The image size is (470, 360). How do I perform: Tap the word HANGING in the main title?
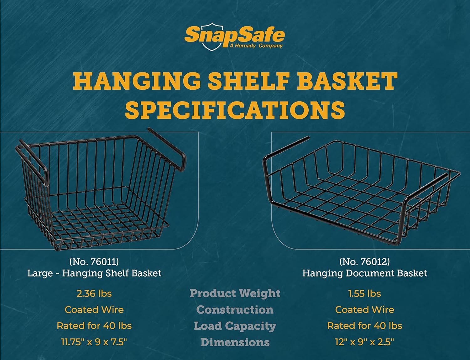coord(137,81)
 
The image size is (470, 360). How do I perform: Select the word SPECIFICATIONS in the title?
coord(235,110)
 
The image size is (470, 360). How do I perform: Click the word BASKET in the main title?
coord(347,81)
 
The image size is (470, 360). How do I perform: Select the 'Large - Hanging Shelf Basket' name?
coord(94,273)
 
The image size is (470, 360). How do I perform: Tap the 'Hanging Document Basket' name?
coord(364,273)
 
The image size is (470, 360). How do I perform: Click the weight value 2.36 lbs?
coord(94,294)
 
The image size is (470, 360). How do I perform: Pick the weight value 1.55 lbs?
coord(364,294)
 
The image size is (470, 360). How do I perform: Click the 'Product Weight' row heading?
coord(235,294)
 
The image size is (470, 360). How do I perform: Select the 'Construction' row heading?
coord(235,310)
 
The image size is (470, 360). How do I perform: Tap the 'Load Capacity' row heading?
coord(235,326)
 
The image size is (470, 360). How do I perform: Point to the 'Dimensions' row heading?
coord(235,342)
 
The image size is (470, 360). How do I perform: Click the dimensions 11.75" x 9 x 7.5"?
coord(94,342)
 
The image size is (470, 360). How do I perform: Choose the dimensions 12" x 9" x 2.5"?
coord(364,342)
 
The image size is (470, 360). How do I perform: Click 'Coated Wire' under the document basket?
coord(364,310)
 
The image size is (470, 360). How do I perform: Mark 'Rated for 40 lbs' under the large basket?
coord(94,326)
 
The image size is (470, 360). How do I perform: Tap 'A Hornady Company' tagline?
coord(256,46)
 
